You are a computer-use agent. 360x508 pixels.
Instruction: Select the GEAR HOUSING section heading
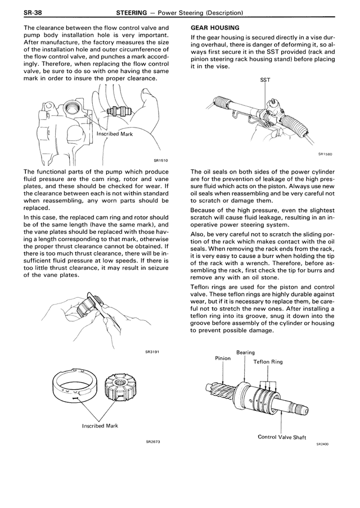[x=215, y=27]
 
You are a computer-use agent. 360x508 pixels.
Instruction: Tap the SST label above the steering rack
[x=265, y=80]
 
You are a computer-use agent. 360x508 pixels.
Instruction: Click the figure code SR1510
[x=160, y=160]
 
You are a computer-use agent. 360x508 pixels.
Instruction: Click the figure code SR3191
[x=152, y=352]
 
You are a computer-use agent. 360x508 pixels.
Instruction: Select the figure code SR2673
[x=152, y=441]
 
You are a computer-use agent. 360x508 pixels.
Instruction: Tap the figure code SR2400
[x=322, y=443]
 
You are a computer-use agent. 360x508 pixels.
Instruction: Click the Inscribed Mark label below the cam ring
[x=100, y=426]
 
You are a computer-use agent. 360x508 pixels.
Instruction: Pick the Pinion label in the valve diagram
[x=223, y=357]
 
